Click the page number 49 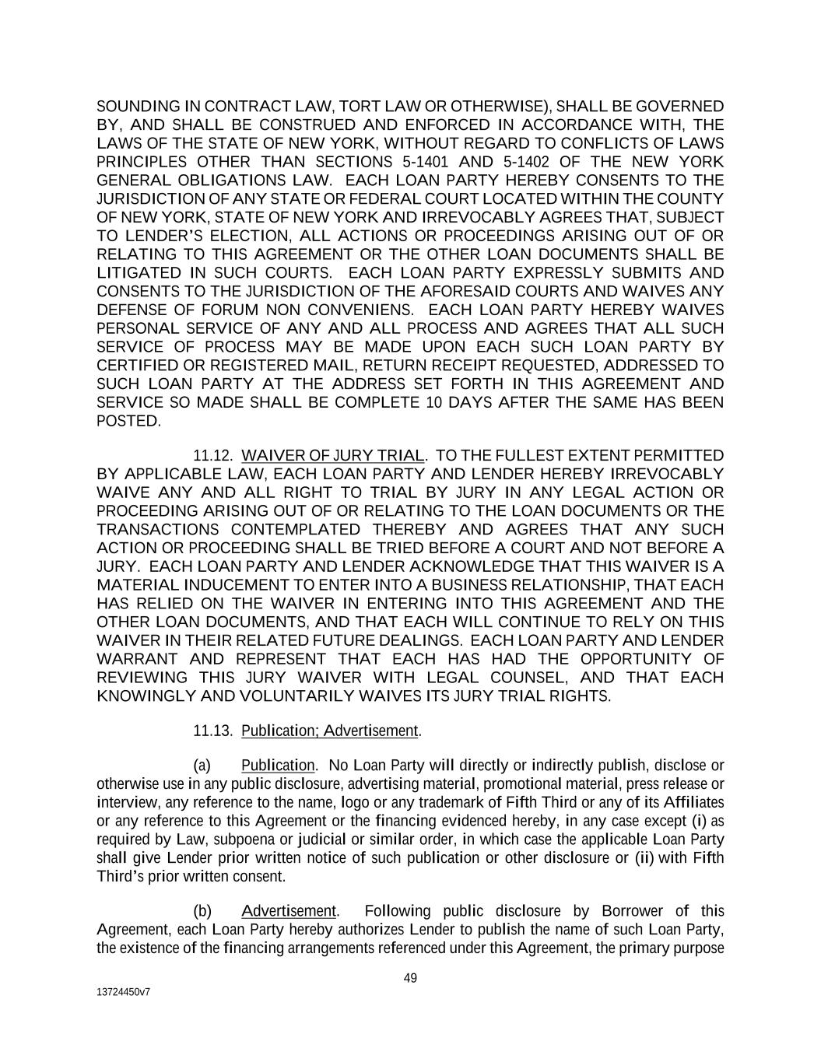pos(410,978)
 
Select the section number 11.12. pos(213,455)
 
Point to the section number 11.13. pos(213,731)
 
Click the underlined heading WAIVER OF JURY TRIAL pos(334,455)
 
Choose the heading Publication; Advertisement pos(330,731)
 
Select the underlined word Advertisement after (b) pos(289,911)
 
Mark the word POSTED pos(128,422)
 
